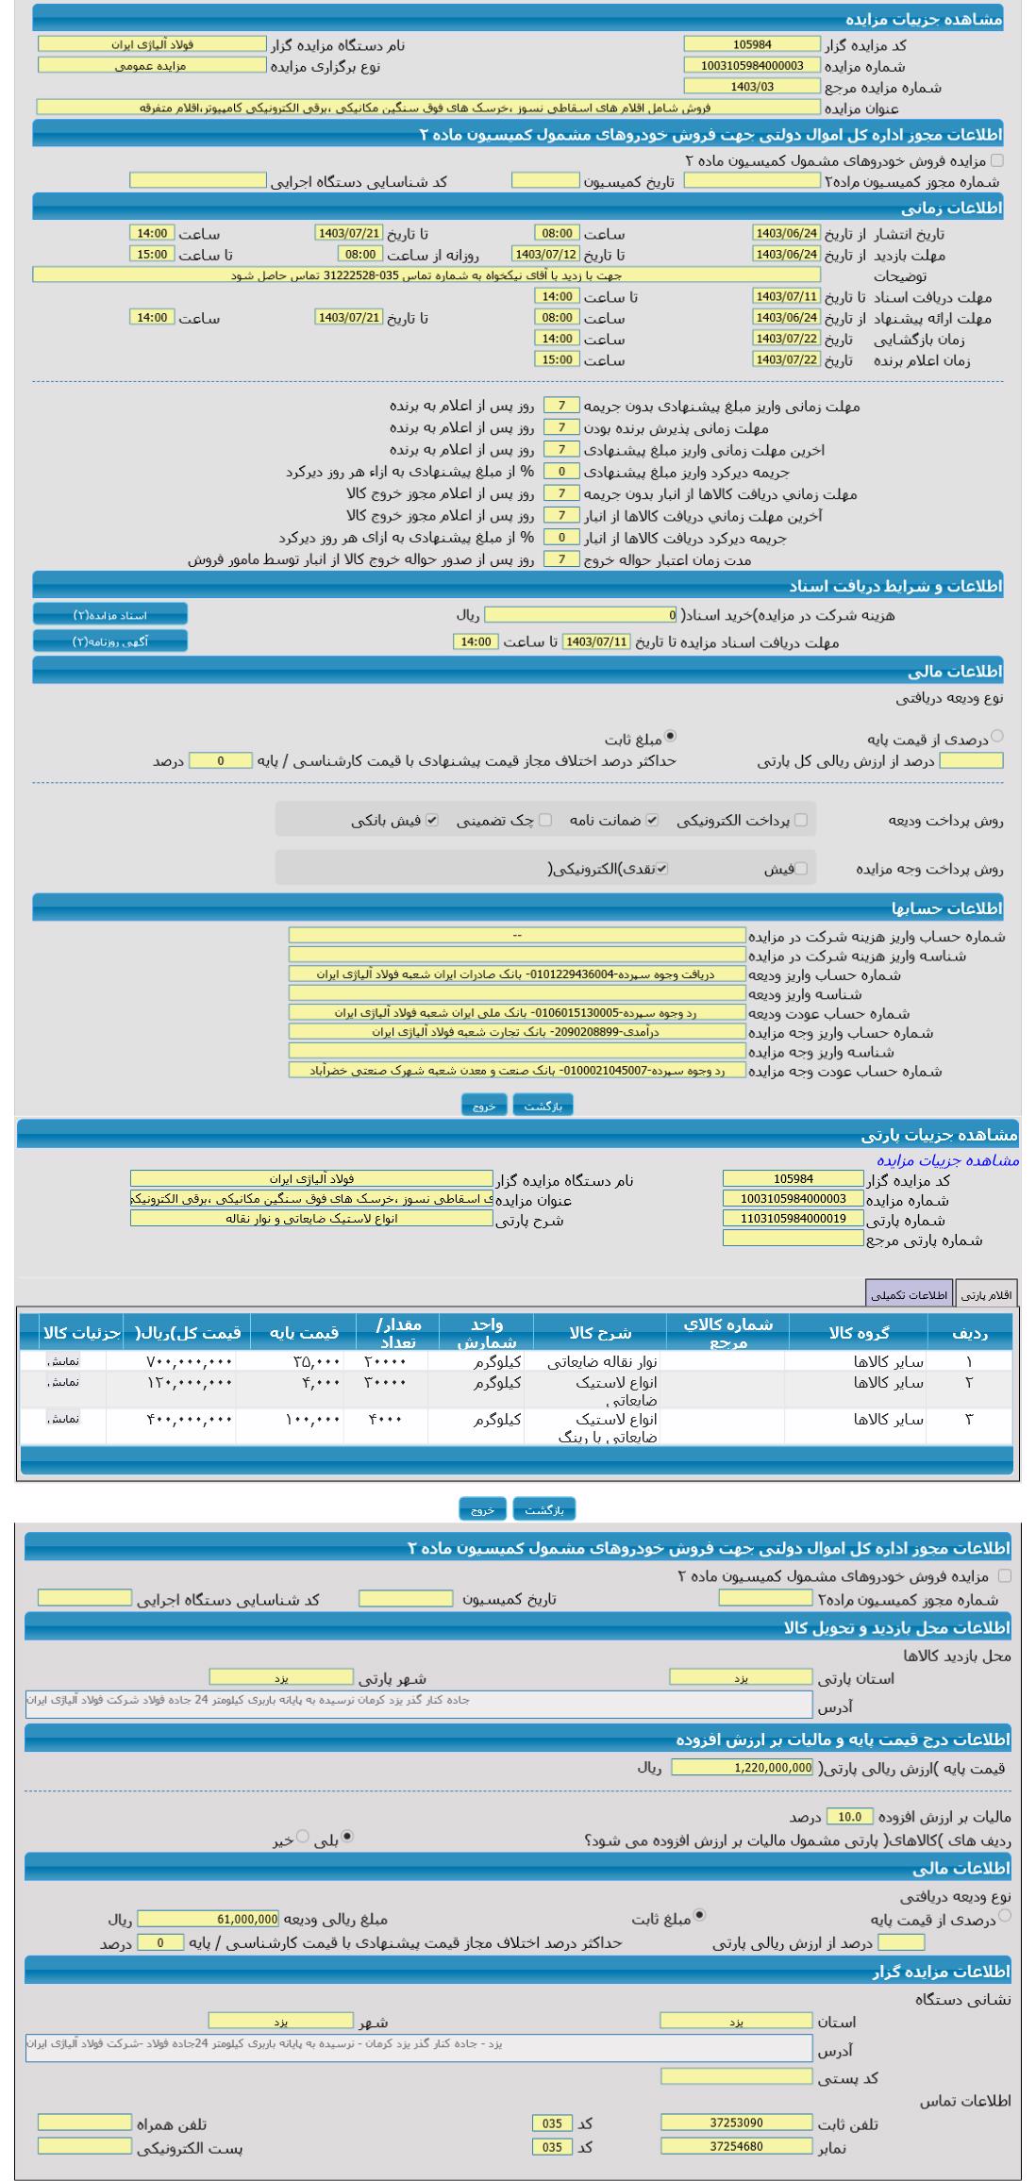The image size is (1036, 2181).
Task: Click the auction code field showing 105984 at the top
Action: click(752, 44)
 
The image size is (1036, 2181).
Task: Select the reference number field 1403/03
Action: click(752, 87)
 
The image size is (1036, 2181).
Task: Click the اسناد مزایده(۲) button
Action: click(110, 615)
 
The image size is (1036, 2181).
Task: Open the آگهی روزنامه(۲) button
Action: click(110, 641)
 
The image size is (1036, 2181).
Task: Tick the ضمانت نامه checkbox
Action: click(652, 821)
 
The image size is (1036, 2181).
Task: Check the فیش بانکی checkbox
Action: click(432, 821)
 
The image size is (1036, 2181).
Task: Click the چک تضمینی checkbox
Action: click(545, 821)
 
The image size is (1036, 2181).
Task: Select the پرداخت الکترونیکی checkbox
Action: click(801, 821)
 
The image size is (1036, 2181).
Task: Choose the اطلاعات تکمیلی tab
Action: click(910, 1295)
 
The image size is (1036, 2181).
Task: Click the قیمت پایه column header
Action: click(304, 1333)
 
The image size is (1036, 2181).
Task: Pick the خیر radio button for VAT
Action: click(303, 1837)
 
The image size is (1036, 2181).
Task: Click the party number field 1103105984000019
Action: click(793, 1219)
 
